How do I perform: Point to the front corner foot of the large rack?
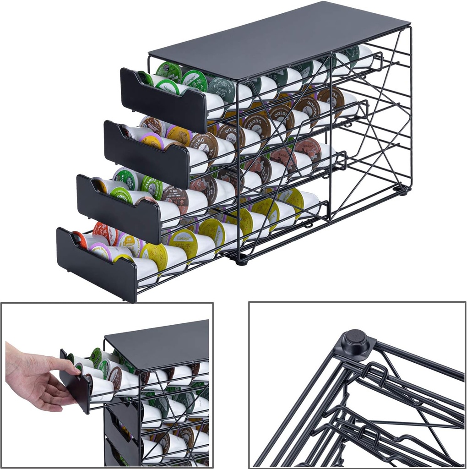click(x=241, y=262)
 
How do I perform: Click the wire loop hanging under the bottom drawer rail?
click(x=310, y=225)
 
